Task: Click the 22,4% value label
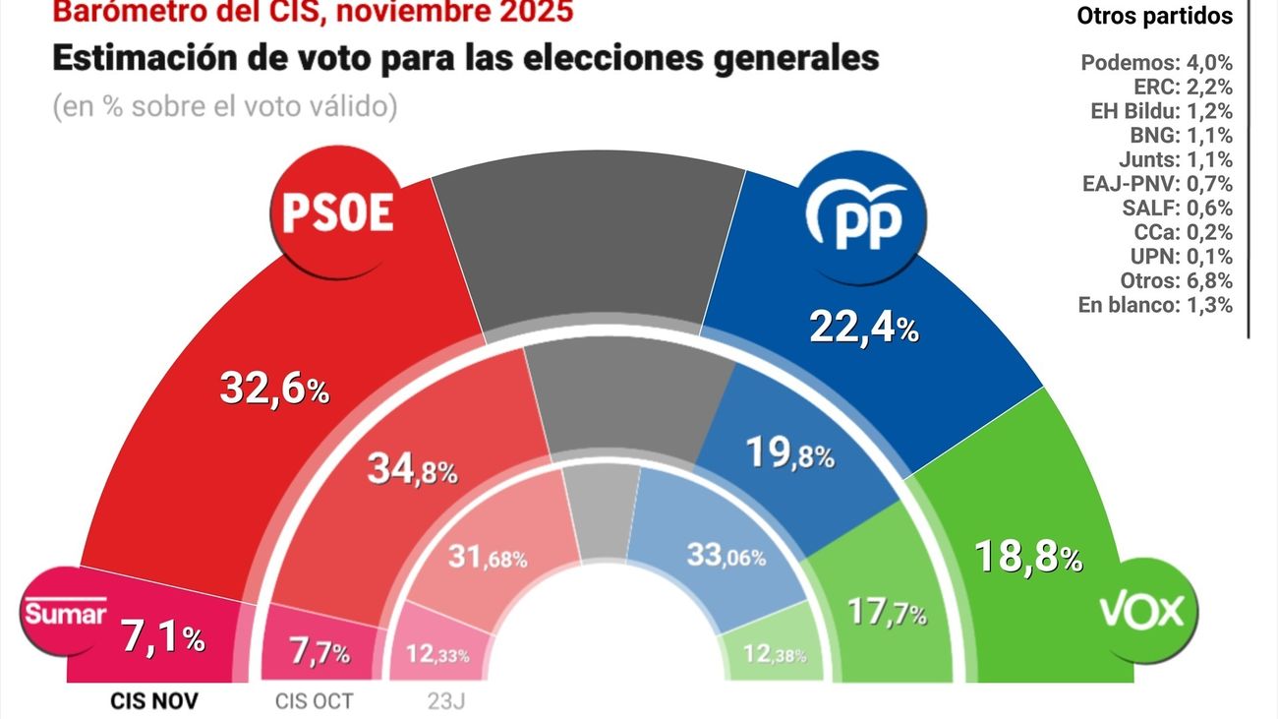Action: [863, 326]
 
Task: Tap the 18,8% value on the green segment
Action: [1027, 558]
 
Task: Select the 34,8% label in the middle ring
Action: [412, 470]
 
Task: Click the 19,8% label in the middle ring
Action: [789, 454]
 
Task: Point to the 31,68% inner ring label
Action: [487, 558]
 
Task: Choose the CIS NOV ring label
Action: [153, 701]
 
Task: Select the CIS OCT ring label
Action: [313, 701]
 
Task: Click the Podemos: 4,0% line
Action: [1156, 63]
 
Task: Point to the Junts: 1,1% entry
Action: [1171, 159]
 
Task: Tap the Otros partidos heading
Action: [1154, 17]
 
